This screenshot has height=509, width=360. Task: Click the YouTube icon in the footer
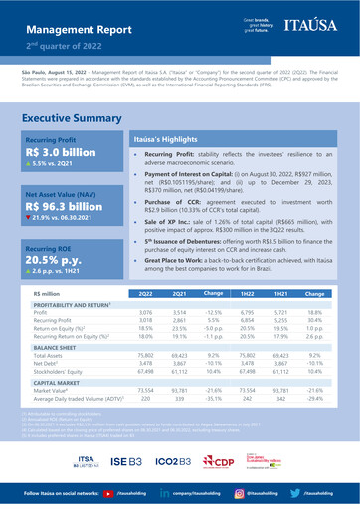pos(106,492)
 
